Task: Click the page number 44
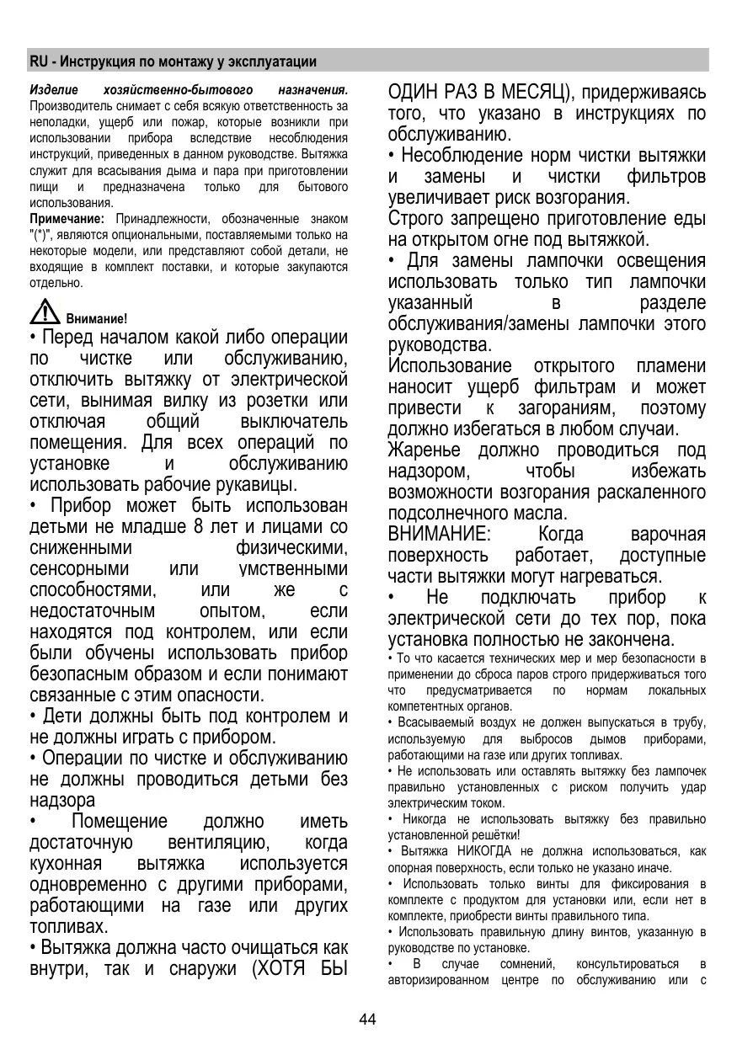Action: pos(367,1020)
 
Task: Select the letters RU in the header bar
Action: pos(37,61)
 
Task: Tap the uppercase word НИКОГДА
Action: pos(471,851)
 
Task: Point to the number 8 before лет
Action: pos(199,528)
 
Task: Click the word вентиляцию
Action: pos(218,843)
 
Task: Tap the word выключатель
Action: pos(294,422)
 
